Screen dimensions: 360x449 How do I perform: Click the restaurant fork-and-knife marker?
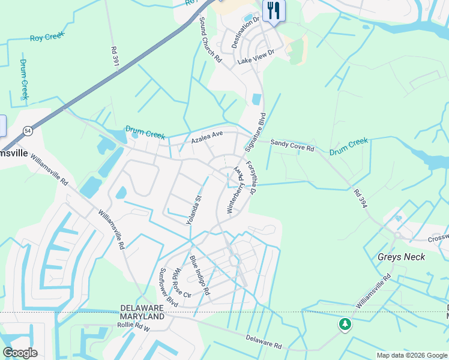[x=274, y=10]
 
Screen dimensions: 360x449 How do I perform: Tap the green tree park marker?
[x=345, y=325]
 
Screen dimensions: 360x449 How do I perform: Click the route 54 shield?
[x=28, y=130]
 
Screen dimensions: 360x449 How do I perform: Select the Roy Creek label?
[x=47, y=37]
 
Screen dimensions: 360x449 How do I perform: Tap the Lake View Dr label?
[x=255, y=57]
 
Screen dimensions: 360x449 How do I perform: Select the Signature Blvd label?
[x=255, y=131]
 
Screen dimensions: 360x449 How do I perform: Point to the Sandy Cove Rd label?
[x=292, y=145]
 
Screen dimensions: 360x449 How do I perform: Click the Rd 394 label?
[x=360, y=199]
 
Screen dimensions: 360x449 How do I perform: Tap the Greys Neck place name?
[x=401, y=257]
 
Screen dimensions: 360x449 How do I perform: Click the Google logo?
[x=20, y=353]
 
